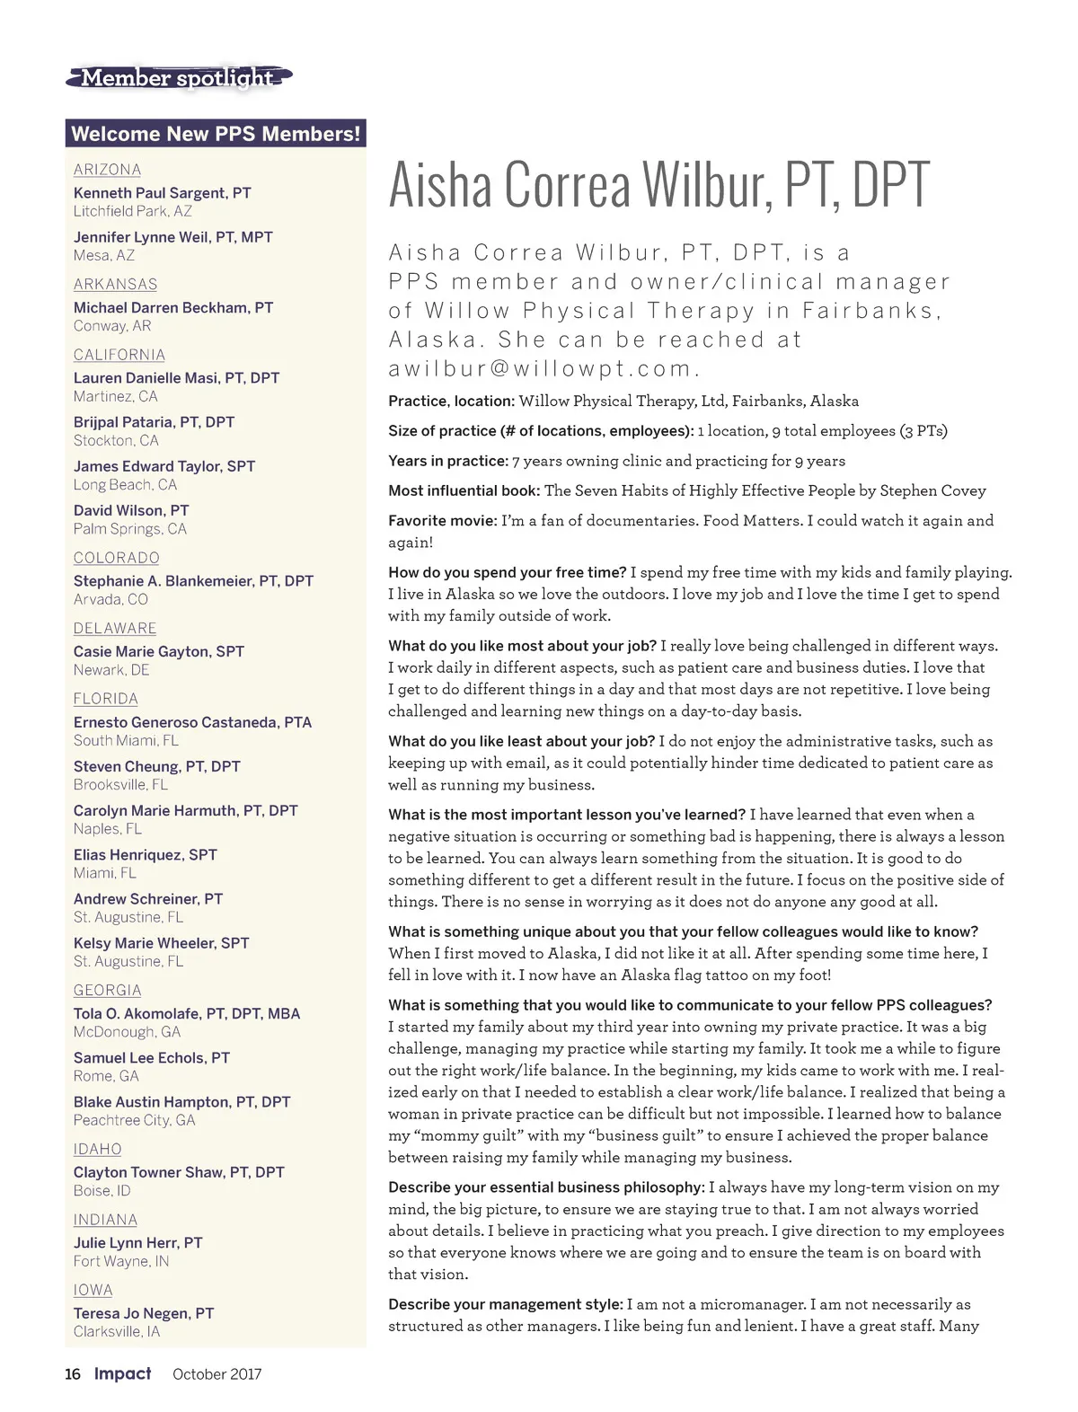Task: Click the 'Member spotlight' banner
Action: click(x=178, y=78)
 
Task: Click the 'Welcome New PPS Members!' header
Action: click(x=216, y=134)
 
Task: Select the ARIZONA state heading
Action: click(x=107, y=170)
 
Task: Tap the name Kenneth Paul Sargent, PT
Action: click(x=162, y=193)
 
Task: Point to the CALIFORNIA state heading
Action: click(x=119, y=355)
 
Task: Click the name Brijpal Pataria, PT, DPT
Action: click(x=154, y=422)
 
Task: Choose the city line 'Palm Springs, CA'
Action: click(x=129, y=529)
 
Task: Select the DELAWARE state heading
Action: click(x=115, y=629)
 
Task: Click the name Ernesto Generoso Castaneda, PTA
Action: click(x=192, y=722)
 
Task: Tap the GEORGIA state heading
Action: click(x=107, y=990)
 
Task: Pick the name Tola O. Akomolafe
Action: click(x=186, y=1013)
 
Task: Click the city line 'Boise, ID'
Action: click(x=102, y=1190)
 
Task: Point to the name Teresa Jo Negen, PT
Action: click(x=144, y=1313)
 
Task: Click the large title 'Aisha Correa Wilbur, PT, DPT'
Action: click(x=658, y=185)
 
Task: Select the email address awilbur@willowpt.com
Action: click(x=543, y=368)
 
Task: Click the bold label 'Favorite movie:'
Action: click(x=442, y=521)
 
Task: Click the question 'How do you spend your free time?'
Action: click(x=507, y=572)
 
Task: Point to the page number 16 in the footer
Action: click(x=73, y=1373)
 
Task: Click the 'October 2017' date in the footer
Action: click(x=216, y=1373)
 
